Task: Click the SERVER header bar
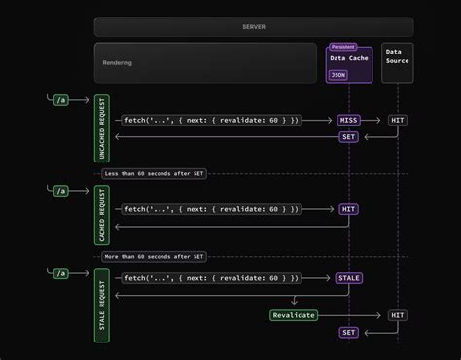click(x=253, y=26)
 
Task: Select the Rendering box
click(x=205, y=62)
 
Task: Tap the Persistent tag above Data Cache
click(x=343, y=46)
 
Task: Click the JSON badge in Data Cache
click(x=337, y=73)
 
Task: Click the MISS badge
click(x=348, y=120)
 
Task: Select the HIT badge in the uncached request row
click(x=397, y=120)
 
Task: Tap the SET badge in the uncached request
click(x=348, y=137)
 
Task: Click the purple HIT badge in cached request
click(x=348, y=209)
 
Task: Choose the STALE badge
click(x=348, y=278)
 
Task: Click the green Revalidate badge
click(x=294, y=315)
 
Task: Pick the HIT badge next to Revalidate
click(x=397, y=315)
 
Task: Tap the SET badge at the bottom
click(x=348, y=333)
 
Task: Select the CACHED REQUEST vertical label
click(x=102, y=214)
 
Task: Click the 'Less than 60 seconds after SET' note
click(x=154, y=173)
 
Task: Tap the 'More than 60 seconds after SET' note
click(x=154, y=257)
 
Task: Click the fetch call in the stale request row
click(x=212, y=278)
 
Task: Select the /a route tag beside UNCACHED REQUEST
click(x=61, y=99)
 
